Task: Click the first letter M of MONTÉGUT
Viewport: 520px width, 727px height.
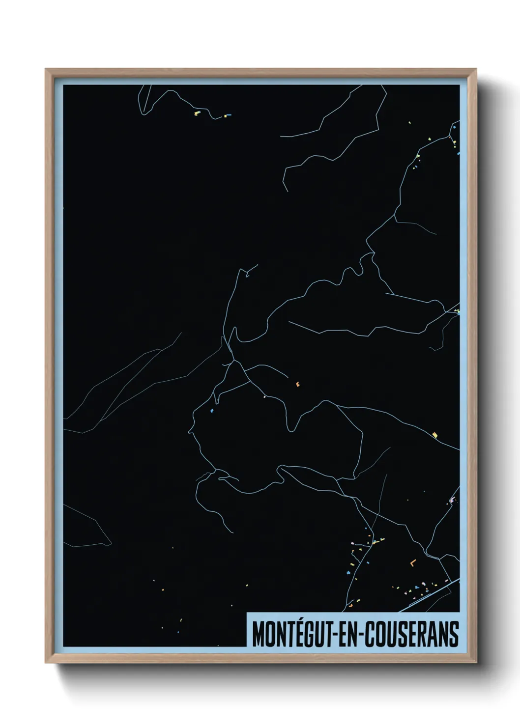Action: point(258,634)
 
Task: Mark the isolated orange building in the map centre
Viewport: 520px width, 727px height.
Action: point(297,384)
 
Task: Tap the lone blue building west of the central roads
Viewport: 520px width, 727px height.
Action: point(212,410)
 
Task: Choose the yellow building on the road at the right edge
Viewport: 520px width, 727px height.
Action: point(434,435)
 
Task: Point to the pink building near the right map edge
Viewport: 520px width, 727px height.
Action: point(452,500)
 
